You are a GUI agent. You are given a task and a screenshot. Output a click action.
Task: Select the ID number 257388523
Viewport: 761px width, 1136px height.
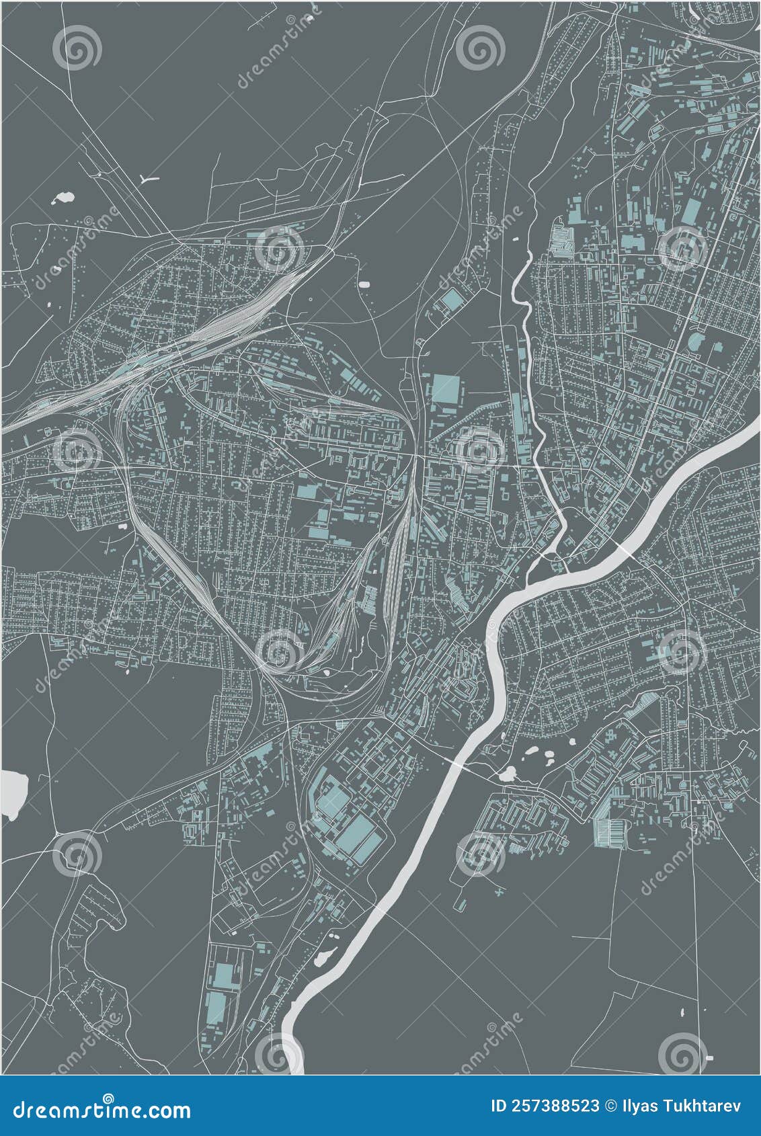tap(546, 1106)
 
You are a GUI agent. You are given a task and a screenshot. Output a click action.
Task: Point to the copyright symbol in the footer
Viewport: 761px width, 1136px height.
tap(610, 1106)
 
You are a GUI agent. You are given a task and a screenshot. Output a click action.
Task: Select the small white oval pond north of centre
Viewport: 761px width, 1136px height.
tap(365, 284)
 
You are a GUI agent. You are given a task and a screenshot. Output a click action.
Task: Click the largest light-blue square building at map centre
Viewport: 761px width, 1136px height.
tap(444, 389)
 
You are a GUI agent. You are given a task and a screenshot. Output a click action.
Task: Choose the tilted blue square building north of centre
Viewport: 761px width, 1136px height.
tap(452, 300)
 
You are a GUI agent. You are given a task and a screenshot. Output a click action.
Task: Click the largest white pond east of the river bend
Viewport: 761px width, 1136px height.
tap(508, 774)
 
